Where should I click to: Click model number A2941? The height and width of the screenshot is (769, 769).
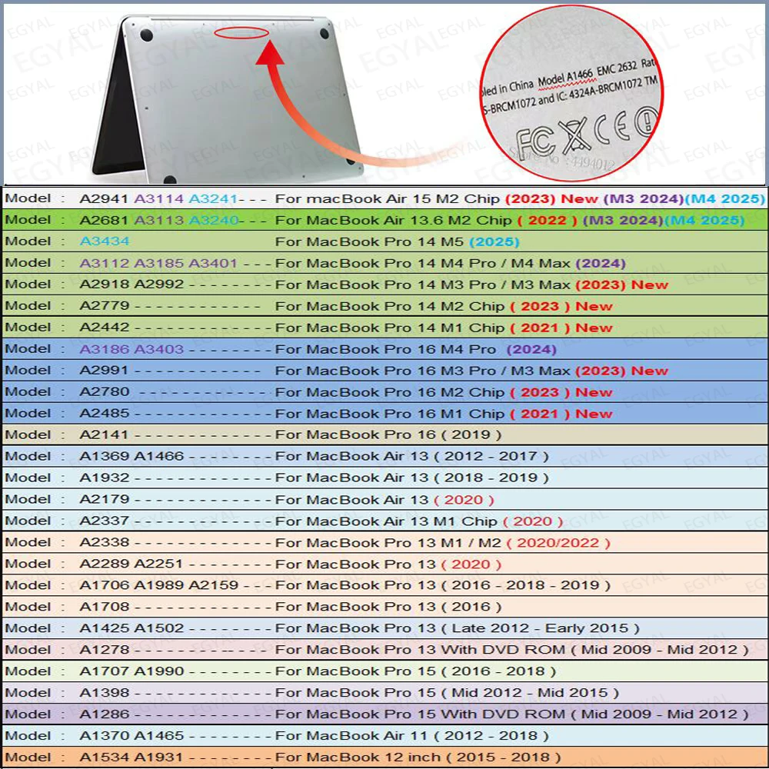pyautogui.click(x=105, y=198)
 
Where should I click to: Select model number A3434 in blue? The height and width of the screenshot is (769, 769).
pyautogui.click(x=105, y=241)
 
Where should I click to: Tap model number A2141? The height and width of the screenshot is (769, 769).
pyautogui.click(x=105, y=434)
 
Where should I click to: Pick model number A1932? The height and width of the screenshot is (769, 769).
pyautogui.click(x=105, y=478)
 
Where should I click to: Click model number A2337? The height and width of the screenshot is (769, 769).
pyautogui.click(x=105, y=521)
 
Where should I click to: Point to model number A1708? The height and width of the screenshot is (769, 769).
pyautogui.click(x=105, y=607)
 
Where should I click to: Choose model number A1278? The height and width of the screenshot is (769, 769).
pyautogui.click(x=105, y=650)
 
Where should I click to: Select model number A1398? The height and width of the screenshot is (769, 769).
pyautogui.click(x=105, y=693)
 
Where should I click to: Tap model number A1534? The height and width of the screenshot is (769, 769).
pyautogui.click(x=105, y=757)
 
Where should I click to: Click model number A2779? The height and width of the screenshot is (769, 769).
pyautogui.click(x=105, y=306)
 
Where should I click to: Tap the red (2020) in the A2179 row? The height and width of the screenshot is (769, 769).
pyautogui.click(x=459, y=500)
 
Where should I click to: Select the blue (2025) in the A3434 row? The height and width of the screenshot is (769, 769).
pyautogui.click(x=494, y=241)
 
